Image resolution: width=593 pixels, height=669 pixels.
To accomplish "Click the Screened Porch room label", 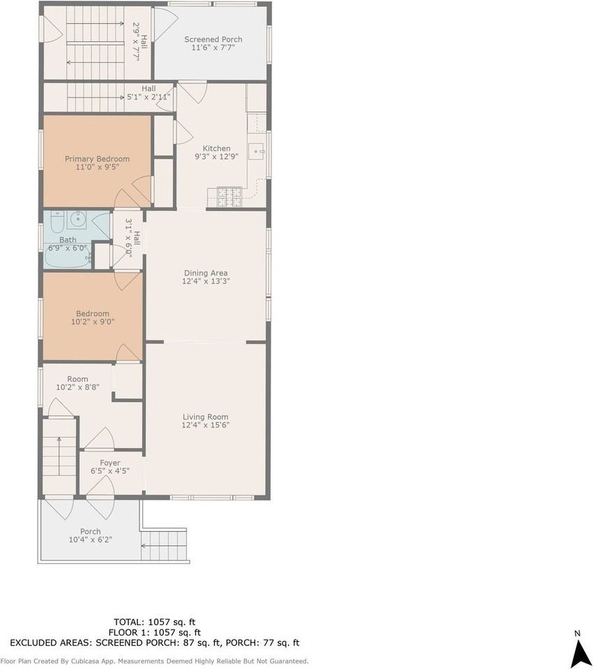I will click(x=213, y=40).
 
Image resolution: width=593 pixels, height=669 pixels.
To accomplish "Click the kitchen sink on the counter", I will click(x=257, y=151).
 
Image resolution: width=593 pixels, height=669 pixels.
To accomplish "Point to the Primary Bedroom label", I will click(x=97, y=159).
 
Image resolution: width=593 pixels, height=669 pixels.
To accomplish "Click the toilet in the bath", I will click(x=56, y=222).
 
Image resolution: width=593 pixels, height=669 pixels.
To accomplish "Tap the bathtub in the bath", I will click(x=68, y=258).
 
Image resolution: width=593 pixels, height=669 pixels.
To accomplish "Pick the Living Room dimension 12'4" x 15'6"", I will click(x=206, y=425).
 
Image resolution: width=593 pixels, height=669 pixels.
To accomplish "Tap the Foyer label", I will click(x=110, y=463).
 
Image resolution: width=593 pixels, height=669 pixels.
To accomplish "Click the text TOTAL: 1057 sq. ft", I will click(x=160, y=621).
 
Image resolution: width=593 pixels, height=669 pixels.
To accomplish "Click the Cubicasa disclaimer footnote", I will click(x=155, y=661).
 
